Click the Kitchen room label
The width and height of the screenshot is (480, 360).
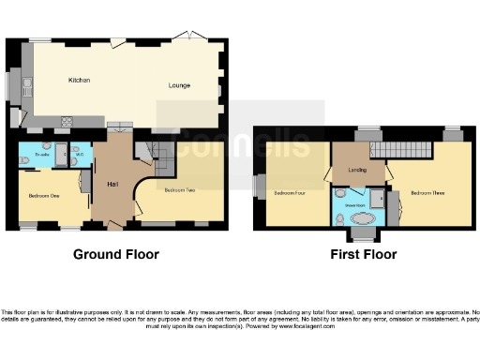(79, 81)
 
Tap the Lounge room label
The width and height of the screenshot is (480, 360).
(179, 85)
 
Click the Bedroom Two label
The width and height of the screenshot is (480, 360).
(178, 190)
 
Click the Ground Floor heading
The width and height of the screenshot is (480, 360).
(116, 254)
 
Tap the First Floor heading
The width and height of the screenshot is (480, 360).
(363, 254)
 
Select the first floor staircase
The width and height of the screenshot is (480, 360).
(400, 148)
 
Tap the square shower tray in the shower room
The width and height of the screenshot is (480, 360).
(377, 196)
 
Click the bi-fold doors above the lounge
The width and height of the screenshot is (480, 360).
(193, 37)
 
